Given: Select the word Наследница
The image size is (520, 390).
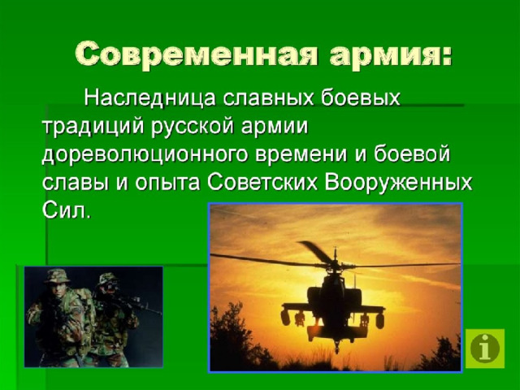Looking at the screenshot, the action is tap(149, 98).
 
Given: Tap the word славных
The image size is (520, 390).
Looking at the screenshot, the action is tap(268, 97).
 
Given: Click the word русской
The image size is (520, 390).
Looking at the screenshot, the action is tap(193, 128).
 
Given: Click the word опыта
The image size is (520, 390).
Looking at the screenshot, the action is tap(167, 183).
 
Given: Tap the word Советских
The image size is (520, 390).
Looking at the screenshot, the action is tap(262, 182).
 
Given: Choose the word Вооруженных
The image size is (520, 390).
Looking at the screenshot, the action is tap(398, 183).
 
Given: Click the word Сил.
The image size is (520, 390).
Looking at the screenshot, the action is tap(67, 210).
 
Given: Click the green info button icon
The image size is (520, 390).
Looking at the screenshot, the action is tap(485, 349).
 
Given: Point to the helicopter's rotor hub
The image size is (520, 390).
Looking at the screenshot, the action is tap(336, 264).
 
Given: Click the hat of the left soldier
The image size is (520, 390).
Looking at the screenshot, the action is tap(57, 275).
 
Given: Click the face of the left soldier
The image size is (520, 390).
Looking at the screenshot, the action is tap(58, 289).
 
